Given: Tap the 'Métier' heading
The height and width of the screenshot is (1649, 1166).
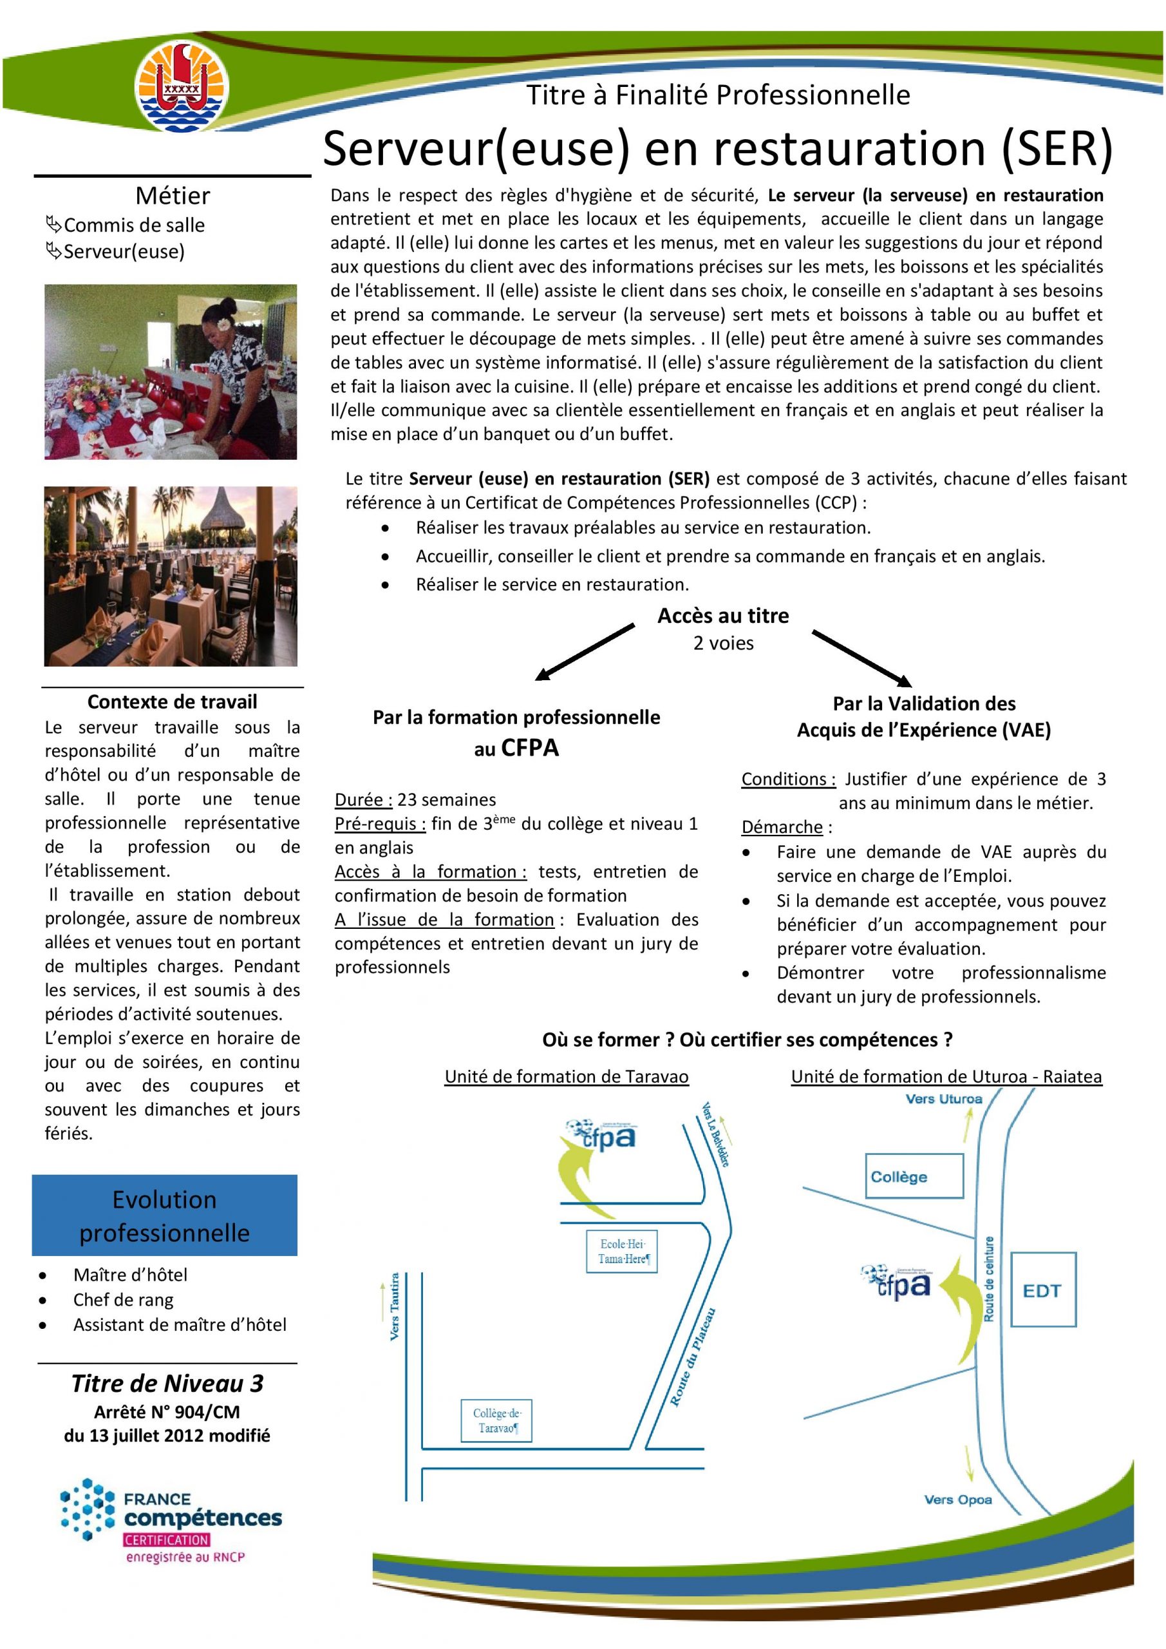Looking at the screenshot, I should click(x=173, y=195).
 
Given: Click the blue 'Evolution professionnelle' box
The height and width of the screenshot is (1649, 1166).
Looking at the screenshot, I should click(x=164, y=1216).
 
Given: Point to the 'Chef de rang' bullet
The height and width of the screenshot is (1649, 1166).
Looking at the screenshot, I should click(x=123, y=1300).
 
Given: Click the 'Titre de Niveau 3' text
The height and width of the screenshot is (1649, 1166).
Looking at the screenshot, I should click(x=167, y=1384).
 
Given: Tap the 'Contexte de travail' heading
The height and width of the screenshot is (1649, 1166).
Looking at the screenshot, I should click(x=172, y=701).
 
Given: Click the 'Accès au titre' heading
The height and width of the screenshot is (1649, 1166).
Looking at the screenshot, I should click(x=723, y=616).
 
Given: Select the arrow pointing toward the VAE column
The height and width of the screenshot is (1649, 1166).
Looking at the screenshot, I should click(x=861, y=657).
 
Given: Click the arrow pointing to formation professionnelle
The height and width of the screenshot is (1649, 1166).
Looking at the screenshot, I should click(x=585, y=651).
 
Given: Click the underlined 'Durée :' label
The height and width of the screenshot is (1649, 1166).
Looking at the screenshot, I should click(x=363, y=799).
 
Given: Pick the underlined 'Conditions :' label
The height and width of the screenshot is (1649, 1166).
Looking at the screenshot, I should click(x=788, y=779).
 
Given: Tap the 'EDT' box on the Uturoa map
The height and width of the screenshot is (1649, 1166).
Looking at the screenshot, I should click(x=1042, y=1291).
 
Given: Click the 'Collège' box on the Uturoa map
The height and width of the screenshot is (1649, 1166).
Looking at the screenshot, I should click(x=913, y=1176).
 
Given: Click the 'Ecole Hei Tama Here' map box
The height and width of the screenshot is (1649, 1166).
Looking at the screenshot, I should click(x=622, y=1252).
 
